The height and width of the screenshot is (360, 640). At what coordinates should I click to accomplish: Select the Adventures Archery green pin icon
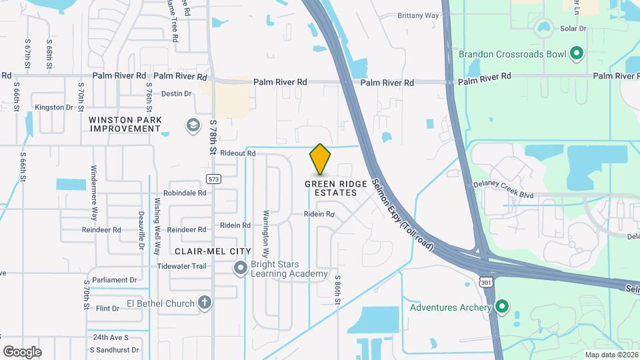tap(502, 307)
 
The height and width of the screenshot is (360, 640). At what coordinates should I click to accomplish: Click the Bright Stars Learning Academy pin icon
tap(241, 268)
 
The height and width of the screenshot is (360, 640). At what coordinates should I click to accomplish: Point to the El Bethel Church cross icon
tap(205, 303)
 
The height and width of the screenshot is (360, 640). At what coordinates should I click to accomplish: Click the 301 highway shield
tap(485, 283)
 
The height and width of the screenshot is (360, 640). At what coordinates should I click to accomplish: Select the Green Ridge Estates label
tap(331, 188)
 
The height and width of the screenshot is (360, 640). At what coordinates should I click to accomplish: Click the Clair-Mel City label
tap(213, 251)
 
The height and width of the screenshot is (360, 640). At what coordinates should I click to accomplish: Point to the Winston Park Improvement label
tap(125, 124)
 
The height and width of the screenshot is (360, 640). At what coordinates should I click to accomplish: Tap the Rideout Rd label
tap(238, 153)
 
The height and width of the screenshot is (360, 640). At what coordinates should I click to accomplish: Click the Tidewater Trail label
tap(182, 266)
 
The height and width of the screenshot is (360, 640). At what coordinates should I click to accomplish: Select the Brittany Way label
tap(418, 15)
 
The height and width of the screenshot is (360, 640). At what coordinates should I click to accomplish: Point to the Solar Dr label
tap(573, 29)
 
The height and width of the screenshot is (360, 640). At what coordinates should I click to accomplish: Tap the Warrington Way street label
tap(265, 234)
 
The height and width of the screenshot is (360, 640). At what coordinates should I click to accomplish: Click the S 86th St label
tap(338, 291)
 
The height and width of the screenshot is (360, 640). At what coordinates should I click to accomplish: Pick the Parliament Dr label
tap(115, 280)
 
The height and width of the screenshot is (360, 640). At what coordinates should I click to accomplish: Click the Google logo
tap(22, 352)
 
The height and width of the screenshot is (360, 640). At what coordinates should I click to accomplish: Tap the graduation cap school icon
tap(193, 125)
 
